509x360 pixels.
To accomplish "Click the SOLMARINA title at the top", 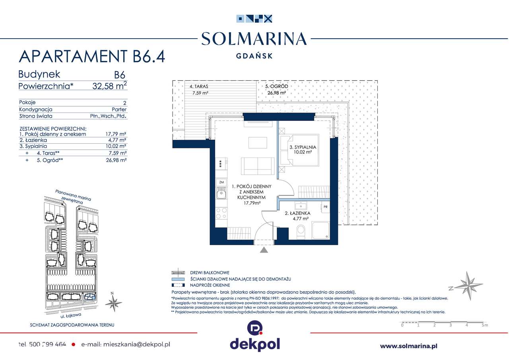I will tap(254, 39).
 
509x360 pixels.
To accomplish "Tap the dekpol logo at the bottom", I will tap(254, 338).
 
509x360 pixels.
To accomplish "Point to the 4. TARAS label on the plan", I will tap(199, 86).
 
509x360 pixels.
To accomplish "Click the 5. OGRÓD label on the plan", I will tap(277, 86).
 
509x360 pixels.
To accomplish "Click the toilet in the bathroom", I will tap(301, 230).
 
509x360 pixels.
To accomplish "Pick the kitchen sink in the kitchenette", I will tap(221, 194).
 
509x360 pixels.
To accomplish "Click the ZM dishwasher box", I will tap(221, 183).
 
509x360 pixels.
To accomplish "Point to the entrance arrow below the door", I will tap(263, 250).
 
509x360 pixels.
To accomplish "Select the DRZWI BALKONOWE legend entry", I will tap(210, 273).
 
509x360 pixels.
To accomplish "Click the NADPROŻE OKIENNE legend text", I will tap(210, 285).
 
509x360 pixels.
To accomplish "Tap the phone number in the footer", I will tap(42, 344).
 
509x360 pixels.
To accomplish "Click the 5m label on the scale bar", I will tap(484, 325).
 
